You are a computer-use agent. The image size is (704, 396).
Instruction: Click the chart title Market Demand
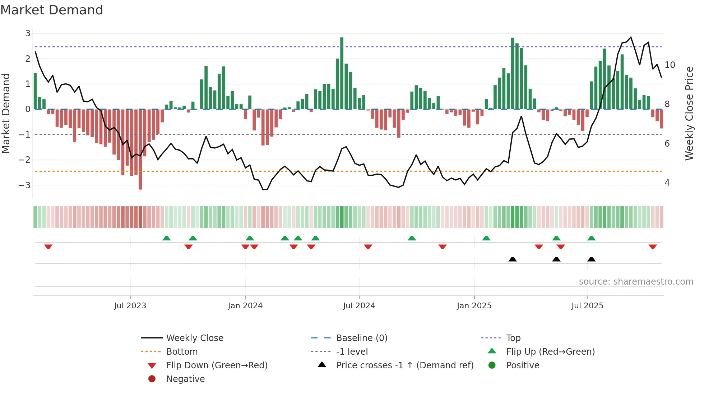point(52,10)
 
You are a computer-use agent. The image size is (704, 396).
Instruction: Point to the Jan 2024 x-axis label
point(245,306)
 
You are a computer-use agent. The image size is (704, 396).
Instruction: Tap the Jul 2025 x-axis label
point(587,306)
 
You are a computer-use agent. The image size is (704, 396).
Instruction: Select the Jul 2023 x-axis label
point(130,306)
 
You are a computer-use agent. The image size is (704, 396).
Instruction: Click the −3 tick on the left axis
point(25,185)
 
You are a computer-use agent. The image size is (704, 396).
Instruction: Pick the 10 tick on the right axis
point(670,65)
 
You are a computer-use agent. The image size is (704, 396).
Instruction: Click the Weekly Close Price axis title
point(689,113)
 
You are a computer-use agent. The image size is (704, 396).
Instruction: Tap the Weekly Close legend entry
point(194,338)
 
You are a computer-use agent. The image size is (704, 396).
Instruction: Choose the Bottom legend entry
point(182,352)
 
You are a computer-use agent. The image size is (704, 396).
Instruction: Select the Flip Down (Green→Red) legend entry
point(217,365)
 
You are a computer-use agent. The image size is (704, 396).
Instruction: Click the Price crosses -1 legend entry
point(404,365)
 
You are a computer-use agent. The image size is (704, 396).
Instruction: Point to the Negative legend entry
point(185,379)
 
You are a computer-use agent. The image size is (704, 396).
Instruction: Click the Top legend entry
point(513,338)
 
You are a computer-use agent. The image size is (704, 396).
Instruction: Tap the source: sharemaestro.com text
point(636,282)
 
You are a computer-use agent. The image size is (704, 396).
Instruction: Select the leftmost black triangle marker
point(513,259)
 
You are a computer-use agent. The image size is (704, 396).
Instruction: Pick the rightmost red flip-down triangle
point(653,247)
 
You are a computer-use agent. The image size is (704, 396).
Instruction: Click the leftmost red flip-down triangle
point(48,247)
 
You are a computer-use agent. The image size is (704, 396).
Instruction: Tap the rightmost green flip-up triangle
point(591,238)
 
